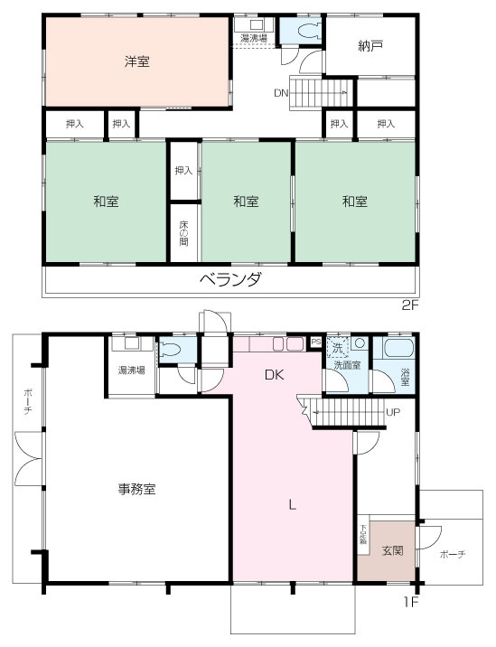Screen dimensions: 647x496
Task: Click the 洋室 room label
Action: (x=137, y=62)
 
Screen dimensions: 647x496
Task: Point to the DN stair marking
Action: (x=282, y=92)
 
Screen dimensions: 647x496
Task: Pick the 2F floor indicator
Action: (x=411, y=305)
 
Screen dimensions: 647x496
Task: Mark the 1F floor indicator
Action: (x=411, y=599)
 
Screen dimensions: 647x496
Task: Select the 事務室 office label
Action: (x=137, y=489)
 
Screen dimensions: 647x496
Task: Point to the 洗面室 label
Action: (x=347, y=365)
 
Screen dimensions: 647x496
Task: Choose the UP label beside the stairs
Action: (x=393, y=413)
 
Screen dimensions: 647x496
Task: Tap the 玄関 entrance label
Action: (x=392, y=550)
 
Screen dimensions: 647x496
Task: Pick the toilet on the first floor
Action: (x=173, y=351)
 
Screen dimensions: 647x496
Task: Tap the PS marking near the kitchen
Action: (x=315, y=342)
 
